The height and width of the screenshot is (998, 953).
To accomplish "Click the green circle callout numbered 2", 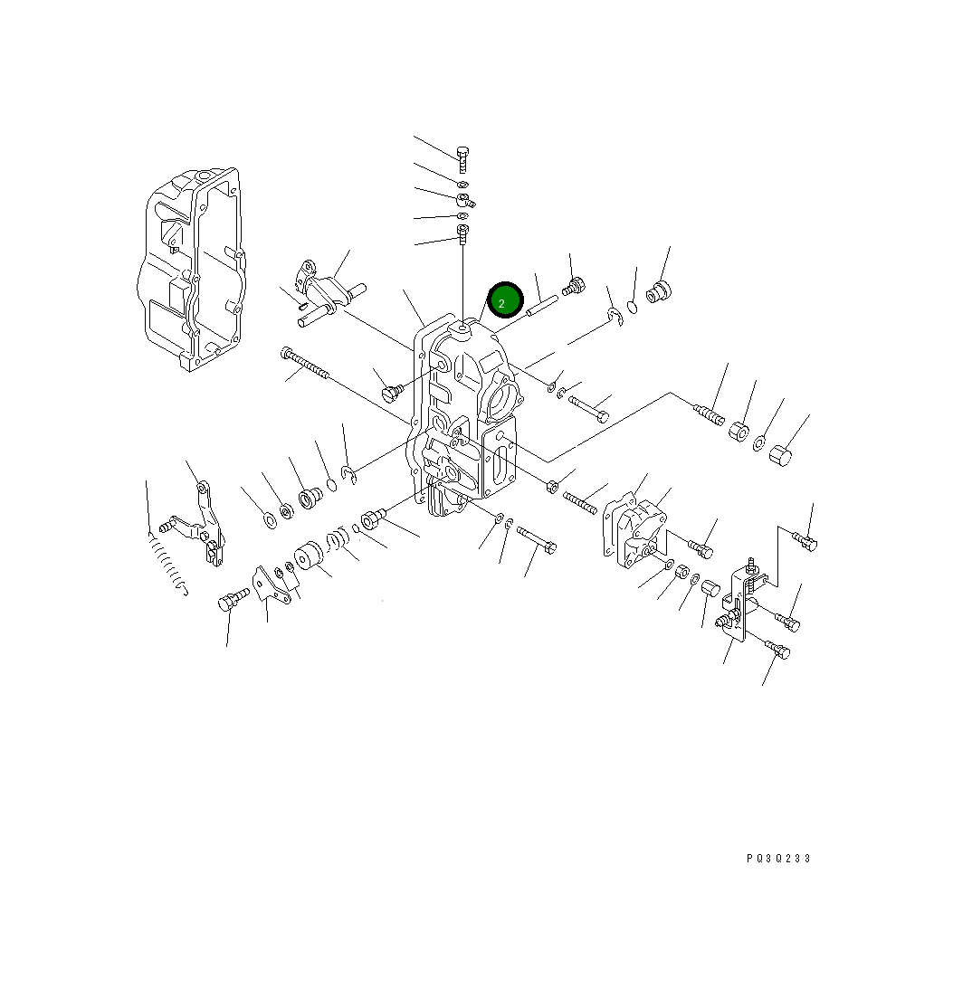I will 505,301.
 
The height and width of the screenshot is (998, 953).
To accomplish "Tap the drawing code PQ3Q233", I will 777,859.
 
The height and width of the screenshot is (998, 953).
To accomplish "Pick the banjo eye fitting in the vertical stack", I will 464,200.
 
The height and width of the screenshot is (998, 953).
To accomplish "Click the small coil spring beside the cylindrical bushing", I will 337,542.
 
